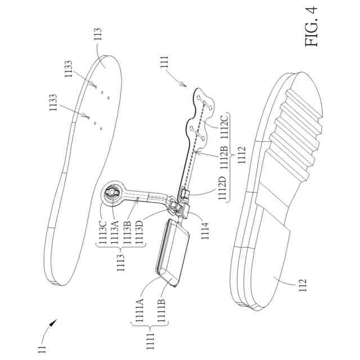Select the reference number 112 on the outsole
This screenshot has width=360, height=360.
click(x=300, y=282)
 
